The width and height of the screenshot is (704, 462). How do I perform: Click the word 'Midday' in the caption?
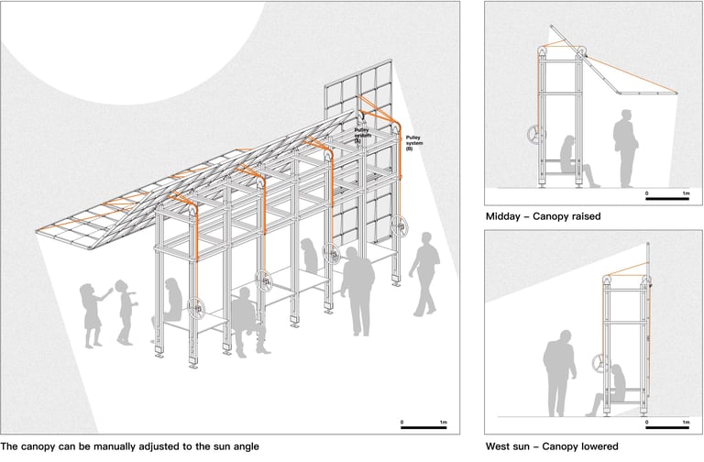508,217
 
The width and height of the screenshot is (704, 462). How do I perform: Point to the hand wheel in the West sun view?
599,364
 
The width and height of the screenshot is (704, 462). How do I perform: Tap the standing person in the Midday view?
626,147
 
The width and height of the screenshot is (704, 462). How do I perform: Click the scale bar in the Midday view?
666,199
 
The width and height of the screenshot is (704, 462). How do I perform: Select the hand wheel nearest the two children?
194,309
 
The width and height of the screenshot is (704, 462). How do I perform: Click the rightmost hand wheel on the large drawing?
399,225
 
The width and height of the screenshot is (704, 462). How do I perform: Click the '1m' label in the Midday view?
686,193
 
